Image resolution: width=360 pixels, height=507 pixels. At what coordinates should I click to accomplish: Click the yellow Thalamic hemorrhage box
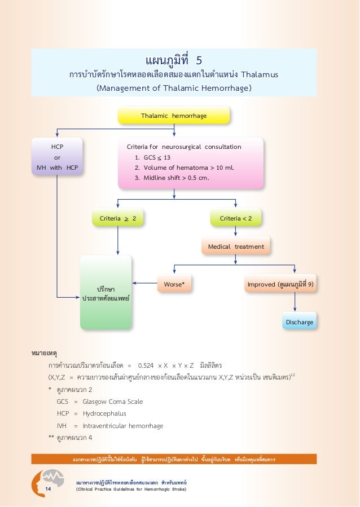click(174, 116)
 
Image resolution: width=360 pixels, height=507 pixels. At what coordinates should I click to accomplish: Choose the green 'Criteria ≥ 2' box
click(118, 218)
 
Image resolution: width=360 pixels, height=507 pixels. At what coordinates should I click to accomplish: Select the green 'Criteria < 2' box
click(236, 218)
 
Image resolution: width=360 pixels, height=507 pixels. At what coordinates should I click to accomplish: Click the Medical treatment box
click(236, 246)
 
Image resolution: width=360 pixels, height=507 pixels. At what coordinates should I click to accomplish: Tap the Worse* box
click(174, 285)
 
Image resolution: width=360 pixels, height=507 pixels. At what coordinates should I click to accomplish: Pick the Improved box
click(280, 285)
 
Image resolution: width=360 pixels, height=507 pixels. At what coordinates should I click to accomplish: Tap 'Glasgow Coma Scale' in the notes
click(112, 402)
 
